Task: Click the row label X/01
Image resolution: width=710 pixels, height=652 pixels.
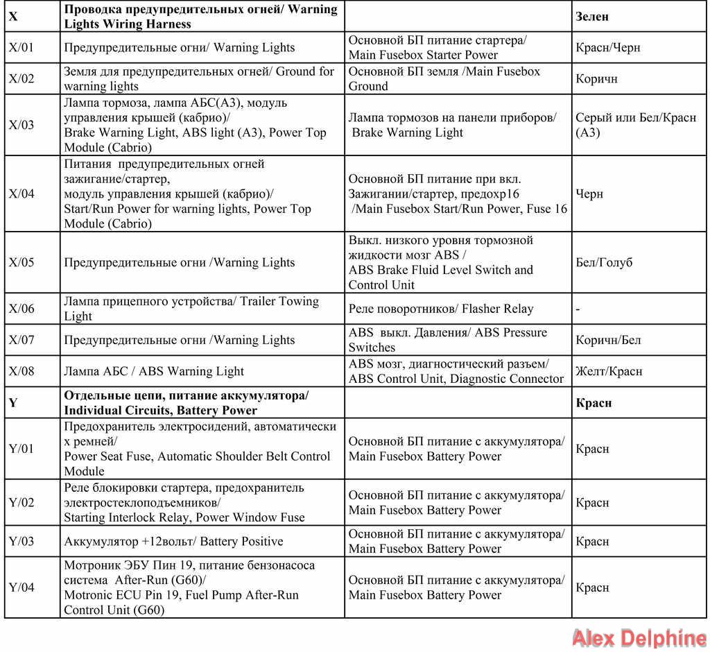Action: pos(21,48)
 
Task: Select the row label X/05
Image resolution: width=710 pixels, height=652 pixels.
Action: pos(21,263)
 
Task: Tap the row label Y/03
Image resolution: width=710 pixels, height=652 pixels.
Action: pos(21,542)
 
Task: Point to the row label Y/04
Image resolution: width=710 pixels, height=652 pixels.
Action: pos(21,587)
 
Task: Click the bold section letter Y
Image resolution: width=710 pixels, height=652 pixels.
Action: pos(13,403)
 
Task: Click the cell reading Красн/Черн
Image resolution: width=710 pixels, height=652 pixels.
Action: pos(608,48)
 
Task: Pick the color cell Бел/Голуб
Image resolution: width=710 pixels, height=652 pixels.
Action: pos(604,263)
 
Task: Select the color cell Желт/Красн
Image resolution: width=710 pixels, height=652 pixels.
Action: pos(609,371)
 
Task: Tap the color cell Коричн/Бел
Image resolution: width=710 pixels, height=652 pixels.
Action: pos(608,340)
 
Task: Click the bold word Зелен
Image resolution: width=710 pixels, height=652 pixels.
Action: pos(592,17)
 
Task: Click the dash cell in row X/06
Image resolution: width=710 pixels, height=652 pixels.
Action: pos(578,309)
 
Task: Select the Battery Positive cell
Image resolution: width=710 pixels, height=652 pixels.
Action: pos(173,542)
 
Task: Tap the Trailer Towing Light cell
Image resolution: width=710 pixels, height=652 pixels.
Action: pos(191,309)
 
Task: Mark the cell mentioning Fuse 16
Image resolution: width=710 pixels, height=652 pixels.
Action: pos(458,194)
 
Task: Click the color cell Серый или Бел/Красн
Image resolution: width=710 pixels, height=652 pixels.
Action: pos(636,125)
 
